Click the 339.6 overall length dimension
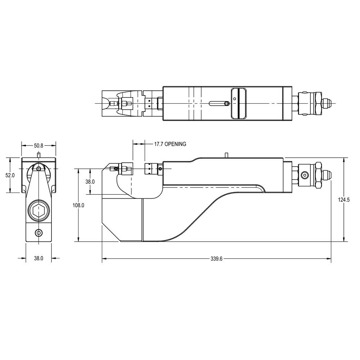[x=216, y=259]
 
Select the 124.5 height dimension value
[x=344, y=200]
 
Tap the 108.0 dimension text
[x=78, y=205]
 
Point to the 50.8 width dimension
[x=39, y=145]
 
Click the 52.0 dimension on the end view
[x=10, y=175]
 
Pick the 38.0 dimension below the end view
[x=39, y=258]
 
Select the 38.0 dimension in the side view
[x=90, y=181]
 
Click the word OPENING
[x=175, y=144]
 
